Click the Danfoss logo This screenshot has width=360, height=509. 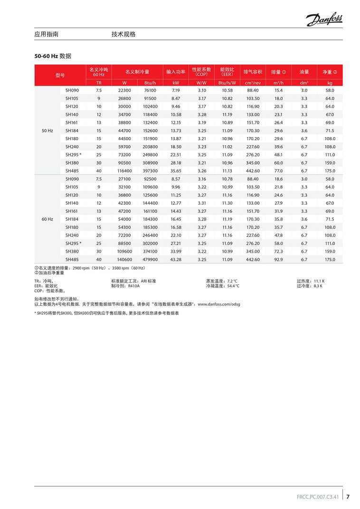(324, 19)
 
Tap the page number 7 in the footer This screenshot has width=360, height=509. (348, 497)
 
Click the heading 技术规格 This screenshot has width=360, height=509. (123, 34)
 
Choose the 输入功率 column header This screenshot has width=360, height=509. (176, 72)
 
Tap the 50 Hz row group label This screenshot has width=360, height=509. (47, 130)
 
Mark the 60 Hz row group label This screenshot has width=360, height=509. (47, 219)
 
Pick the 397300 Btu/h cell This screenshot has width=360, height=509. (150, 170)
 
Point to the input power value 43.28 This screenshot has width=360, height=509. (176, 259)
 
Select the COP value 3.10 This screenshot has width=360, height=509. (202, 90)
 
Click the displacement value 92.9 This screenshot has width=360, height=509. (278, 259)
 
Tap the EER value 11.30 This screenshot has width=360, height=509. (227, 203)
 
